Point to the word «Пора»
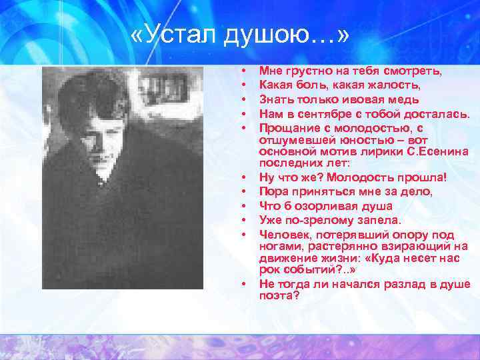click(x=273, y=191)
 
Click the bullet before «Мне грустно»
click(x=245, y=71)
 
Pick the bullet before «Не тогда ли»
click(x=245, y=284)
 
